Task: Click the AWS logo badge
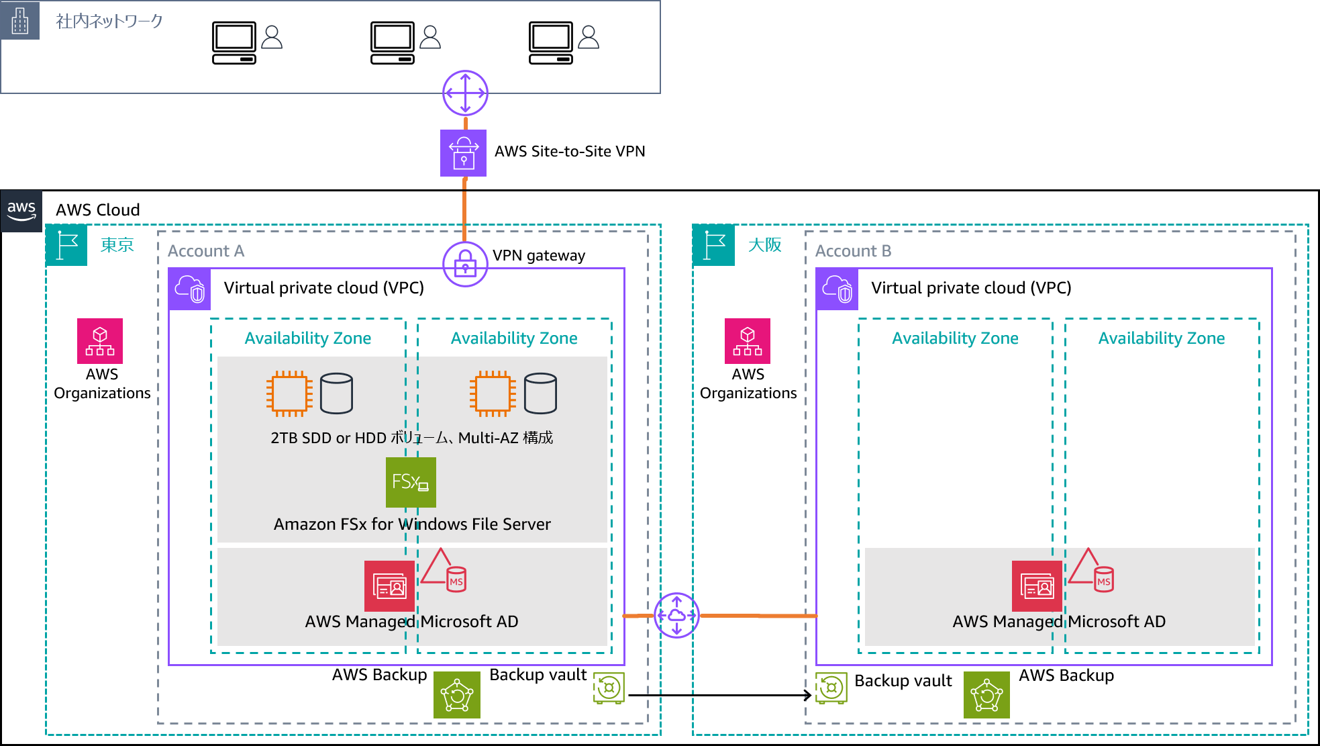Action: point(21,211)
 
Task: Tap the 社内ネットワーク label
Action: point(109,21)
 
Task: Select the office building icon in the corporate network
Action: point(20,21)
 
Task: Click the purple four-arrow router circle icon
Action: point(465,93)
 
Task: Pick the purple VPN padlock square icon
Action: point(463,153)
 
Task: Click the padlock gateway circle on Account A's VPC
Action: point(465,264)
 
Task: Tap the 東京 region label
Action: point(117,245)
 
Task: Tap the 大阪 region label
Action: point(764,245)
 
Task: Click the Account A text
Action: point(206,251)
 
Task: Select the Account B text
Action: point(853,251)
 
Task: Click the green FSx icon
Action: point(411,482)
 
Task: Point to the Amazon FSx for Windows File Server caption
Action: point(412,524)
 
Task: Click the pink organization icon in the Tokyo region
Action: point(100,341)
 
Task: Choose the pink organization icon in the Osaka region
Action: point(748,341)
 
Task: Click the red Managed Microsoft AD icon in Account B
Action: point(1037,586)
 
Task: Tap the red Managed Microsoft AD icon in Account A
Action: point(389,586)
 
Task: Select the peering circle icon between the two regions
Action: point(676,615)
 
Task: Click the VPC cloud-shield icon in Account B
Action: point(837,289)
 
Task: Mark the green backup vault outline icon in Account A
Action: point(609,688)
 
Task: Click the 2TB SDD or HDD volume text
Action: point(411,438)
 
